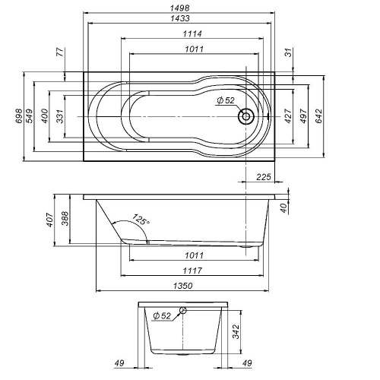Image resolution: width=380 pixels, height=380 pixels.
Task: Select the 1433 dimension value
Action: point(180,18)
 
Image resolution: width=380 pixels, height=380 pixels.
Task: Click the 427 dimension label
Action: point(287,116)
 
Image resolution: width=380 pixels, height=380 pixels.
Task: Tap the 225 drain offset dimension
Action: point(264,178)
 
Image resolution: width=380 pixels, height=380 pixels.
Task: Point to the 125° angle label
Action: point(141,220)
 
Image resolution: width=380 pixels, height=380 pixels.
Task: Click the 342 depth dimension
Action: point(237,332)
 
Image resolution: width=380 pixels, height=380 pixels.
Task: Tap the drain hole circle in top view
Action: point(246,117)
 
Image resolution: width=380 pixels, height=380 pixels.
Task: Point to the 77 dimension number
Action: point(59,54)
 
